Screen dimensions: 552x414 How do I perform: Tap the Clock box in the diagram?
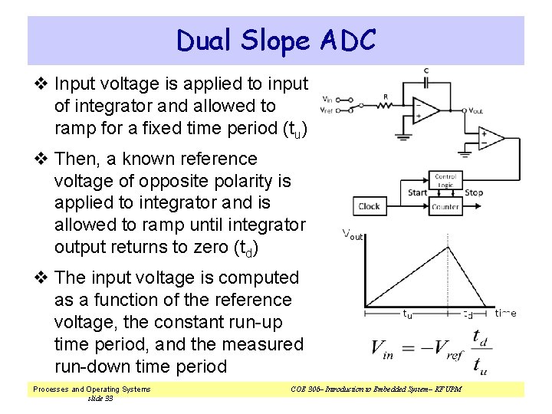(369, 206)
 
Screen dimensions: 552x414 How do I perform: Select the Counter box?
(445, 206)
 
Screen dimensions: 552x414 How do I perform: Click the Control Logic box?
(445, 181)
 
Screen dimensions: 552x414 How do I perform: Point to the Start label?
(417, 192)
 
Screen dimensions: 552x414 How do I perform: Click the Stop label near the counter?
(474, 192)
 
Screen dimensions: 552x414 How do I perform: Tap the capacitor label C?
(426, 71)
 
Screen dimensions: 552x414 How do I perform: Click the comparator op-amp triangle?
(490, 139)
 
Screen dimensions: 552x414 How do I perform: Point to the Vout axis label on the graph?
(353, 235)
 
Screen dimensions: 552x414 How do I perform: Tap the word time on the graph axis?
(505, 313)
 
